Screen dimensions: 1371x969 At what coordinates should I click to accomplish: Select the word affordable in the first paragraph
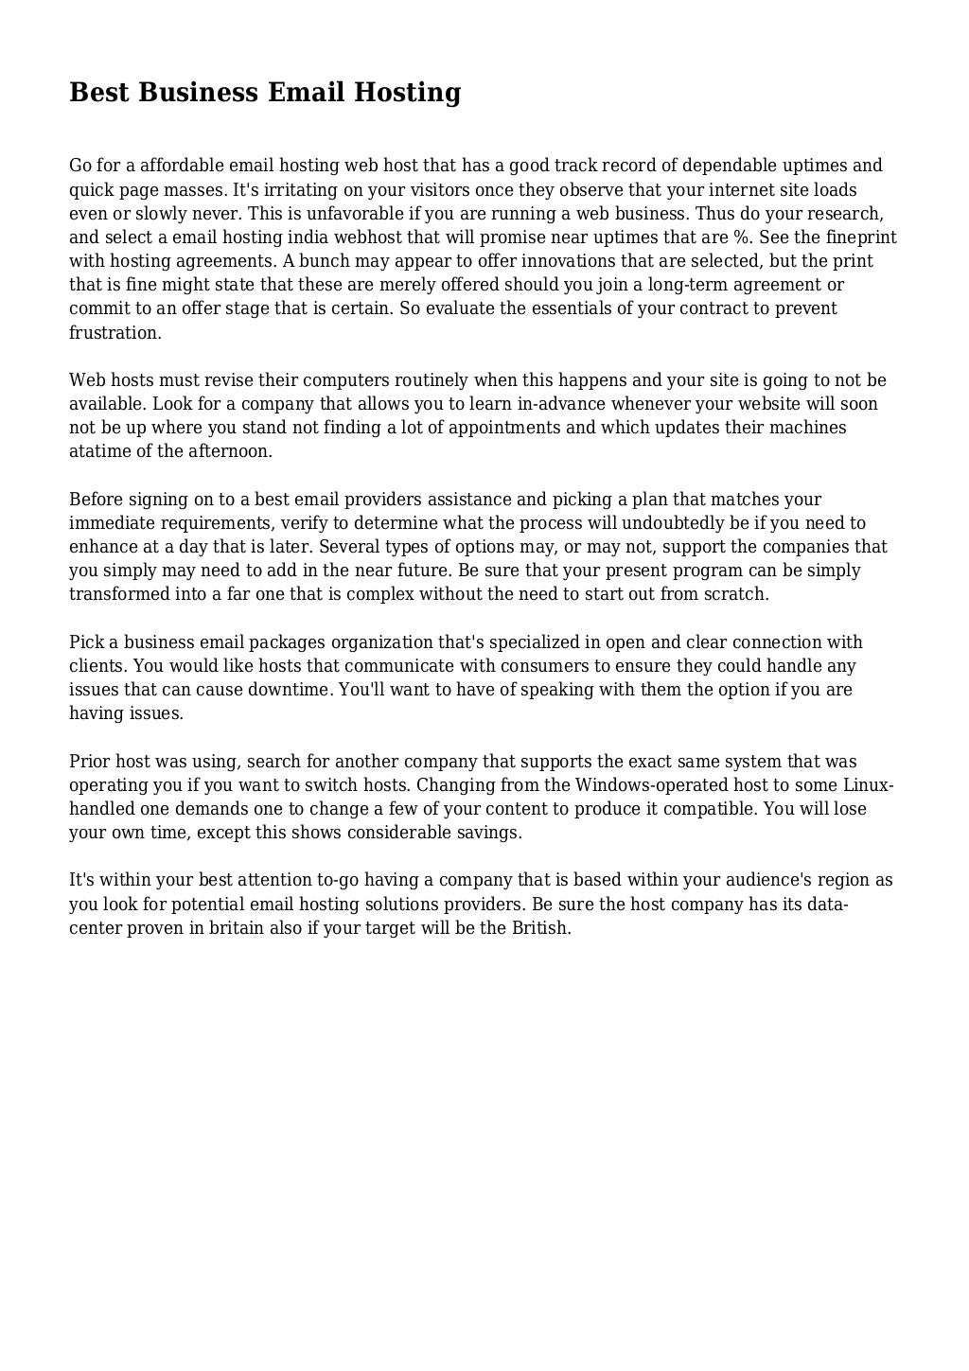click(x=180, y=166)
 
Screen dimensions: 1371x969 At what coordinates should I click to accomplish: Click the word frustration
click(x=115, y=333)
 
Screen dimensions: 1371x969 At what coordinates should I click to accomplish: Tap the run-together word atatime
click(x=98, y=451)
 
